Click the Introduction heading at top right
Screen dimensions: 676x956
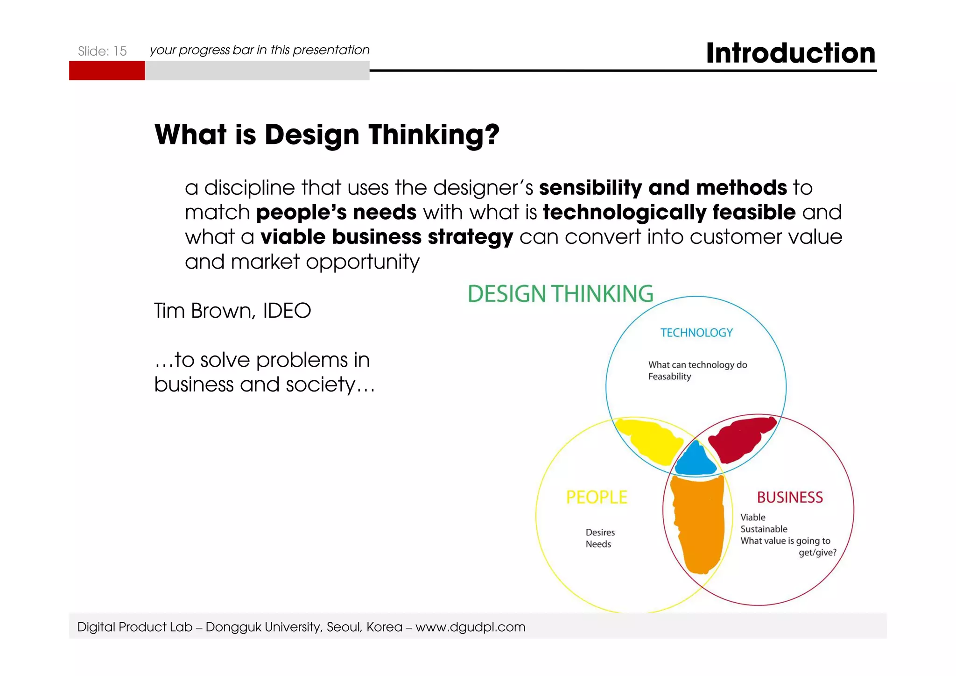click(x=790, y=53)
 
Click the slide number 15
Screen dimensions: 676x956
click(x=120, y=51)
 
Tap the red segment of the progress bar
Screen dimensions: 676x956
click(x=107, y=71)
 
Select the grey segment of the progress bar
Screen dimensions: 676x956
click(x=257, y=71)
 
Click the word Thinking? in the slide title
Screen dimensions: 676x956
click(x=434, y=135)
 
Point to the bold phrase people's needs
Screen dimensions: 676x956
click(x=336, y=213)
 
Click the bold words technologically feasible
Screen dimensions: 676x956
click(x=669, y=213)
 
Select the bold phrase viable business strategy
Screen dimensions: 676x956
click(x=387, y=237)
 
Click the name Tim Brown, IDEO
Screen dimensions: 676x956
click(x=232, y=311)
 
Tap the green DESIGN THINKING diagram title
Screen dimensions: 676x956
click(x=560, y=294)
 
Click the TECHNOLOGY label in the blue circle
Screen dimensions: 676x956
click(x=696, y=333)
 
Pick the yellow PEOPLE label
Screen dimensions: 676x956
click(x=597, y=497)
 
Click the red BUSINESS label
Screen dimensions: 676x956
click(x=789, y=497)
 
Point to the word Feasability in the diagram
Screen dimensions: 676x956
click(x=669, y=377)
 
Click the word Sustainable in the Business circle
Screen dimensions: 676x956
click(x=764, y=529)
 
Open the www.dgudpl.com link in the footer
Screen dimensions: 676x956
click(x=470, y=627)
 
